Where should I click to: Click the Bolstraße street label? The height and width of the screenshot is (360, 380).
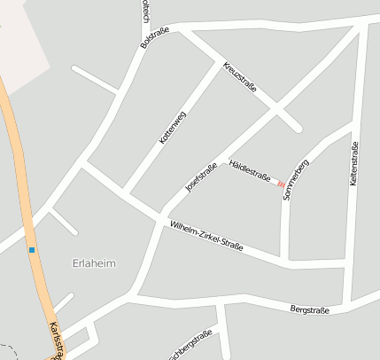[x=153, y=35]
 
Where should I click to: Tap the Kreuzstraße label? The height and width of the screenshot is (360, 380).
[x=240, y=77]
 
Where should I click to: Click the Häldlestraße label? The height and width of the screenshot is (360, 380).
[x=249, y=170]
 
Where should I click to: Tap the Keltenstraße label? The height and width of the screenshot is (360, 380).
[x=353, y=163]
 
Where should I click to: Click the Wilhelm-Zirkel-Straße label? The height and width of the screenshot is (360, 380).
[x=206, y=237]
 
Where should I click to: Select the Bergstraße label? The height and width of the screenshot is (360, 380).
[x=309, y=309]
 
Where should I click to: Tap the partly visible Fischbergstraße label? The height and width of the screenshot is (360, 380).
[x=192, y=347]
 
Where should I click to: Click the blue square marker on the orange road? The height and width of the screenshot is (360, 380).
[x=32, y=250]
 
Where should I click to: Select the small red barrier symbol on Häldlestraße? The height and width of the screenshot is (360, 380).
[x=281, y=184]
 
